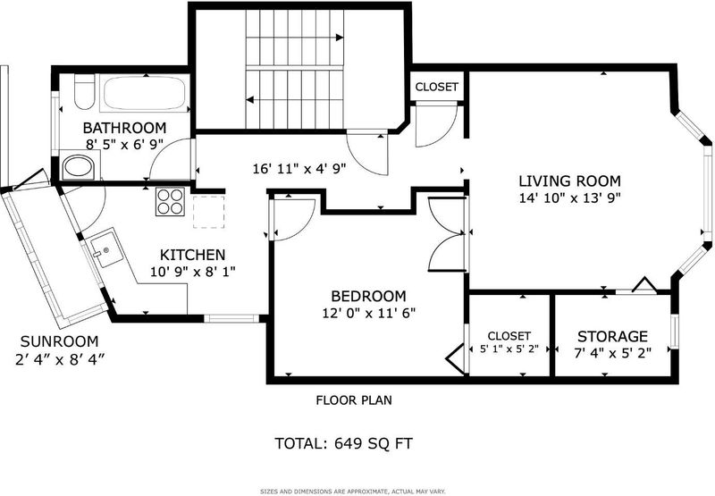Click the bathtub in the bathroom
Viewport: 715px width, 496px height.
pos(144,93)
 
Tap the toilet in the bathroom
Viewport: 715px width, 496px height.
pos(84,91)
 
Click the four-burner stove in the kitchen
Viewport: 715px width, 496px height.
pos(170,201)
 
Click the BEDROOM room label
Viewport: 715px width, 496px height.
pos(368,297)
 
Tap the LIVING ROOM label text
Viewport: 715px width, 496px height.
pos(569,181)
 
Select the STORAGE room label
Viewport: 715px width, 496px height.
pos(612,336)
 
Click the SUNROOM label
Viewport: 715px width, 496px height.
pos(59,341)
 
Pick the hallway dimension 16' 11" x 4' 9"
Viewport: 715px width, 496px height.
pos(299,169)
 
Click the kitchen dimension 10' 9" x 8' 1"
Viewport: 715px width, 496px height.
pos(193,273)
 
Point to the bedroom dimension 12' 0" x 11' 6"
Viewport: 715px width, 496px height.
pos(368,313)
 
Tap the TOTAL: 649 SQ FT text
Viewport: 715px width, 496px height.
pos(343,443)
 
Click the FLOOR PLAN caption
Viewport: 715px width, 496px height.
pos(354,400)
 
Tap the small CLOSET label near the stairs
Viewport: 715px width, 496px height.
pos(436,87)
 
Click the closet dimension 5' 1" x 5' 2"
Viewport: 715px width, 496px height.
pos(509,349)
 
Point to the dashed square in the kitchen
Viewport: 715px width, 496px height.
pos(209,212)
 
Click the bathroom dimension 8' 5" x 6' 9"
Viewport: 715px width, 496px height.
pos(124,145)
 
